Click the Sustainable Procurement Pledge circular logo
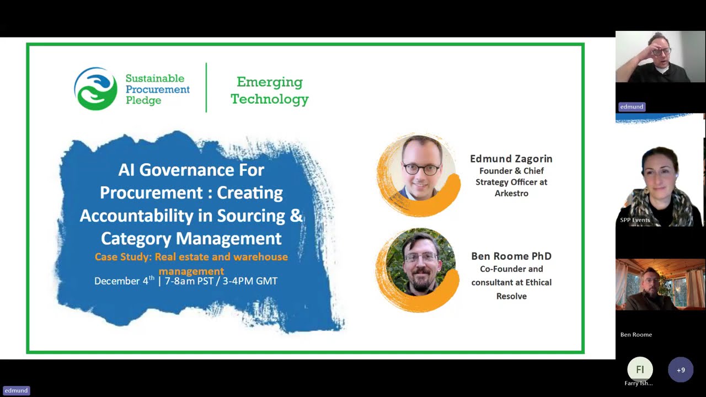point(96,89)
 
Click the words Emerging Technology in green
point(270,90)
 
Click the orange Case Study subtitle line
point(191,257)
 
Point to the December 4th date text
point(125,281)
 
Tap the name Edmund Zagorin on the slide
point(511,159)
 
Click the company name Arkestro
point(511,194)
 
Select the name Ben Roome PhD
point(511,256)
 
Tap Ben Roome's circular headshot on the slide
point(420,264)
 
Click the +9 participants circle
point(681,370)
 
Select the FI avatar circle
point(640,369)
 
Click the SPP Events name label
point(635,220)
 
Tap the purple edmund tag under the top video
point(632,107)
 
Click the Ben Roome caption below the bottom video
point(636,335)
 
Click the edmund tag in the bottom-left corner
point(16,390)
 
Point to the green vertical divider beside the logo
point(206,88)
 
